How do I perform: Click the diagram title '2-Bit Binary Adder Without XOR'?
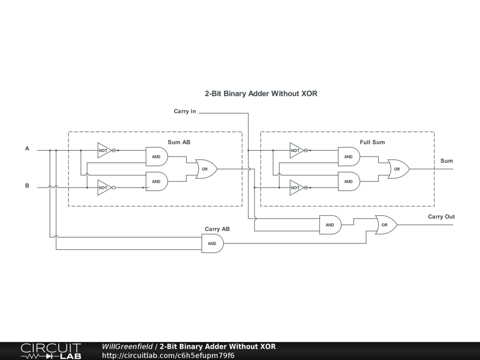261,93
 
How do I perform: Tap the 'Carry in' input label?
185,111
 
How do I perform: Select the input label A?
27,149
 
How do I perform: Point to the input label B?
27,186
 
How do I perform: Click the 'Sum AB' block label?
179,142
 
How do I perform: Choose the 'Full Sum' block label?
372,142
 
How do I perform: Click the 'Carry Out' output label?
441,217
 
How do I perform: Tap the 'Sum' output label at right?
447,161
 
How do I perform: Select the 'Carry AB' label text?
217,229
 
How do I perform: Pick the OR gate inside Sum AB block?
206,169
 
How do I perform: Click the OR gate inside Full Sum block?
398,169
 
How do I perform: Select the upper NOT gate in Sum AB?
105,150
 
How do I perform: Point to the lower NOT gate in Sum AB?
105,187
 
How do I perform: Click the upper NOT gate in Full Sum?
297,150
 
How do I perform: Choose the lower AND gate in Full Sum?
349,181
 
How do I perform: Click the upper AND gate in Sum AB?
157,157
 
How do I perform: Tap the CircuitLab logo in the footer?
51,351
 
